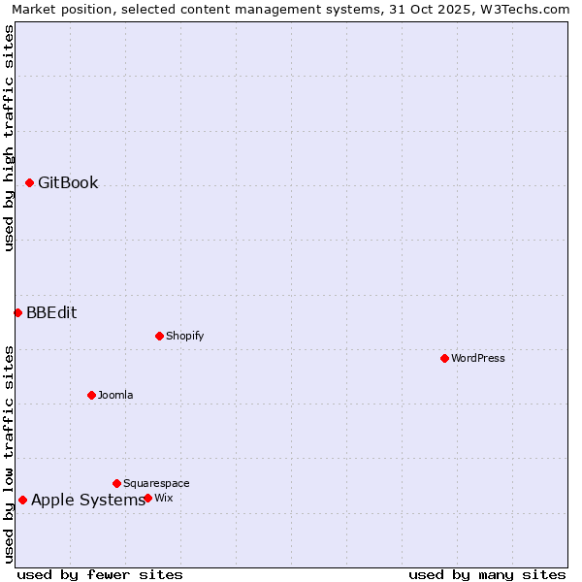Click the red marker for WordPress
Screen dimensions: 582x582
pyautogui.click(x=444, y=358)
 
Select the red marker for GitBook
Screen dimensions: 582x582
pyautogui.click(x=29, y=182)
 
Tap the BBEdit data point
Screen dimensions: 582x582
pyautogui.click(x=17, y=312)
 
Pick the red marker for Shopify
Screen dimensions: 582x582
pyautogui.click(x=159, y=336)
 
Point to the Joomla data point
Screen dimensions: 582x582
pyautogui.click(x=91, y=395)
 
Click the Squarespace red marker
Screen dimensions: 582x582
pyautogui.click(x=116, y=483)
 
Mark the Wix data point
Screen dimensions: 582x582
pyautogui.click(x=147, y=498)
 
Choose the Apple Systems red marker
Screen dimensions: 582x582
pyautogui.click(x=22, y=500)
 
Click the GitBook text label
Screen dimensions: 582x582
pyautogui.click(x=68, y=182)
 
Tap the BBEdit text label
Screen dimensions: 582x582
pyautogui.click(x=51, y=312)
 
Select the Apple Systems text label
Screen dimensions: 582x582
pyautogui.click(x=87, y=500)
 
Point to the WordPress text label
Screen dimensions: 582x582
pyautogui.click(x=478, y=358)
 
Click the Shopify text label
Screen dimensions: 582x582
pyautogui.click(x=184, y=336)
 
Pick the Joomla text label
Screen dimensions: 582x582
pyautogui.click(x=115, y=395)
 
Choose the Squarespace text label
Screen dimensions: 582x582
pyautogui.click(x=156, y=483)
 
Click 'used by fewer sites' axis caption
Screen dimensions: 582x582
pyautogui.click(x=100, y=574)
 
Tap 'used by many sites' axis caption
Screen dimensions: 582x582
pyautogui.click(x=487, y=574)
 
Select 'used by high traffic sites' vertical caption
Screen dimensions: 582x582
pyautogui.click(x=9, y=138)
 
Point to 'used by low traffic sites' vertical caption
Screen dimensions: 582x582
pyautogui.click(x=9, y=454)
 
